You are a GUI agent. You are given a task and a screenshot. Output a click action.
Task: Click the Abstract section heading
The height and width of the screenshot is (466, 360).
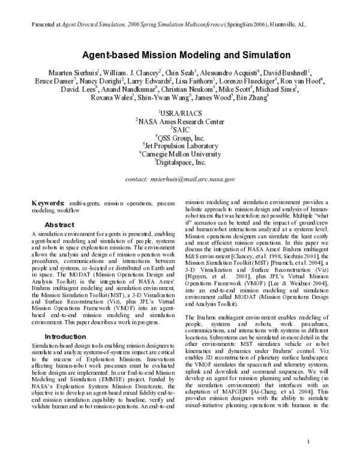coord(59,224)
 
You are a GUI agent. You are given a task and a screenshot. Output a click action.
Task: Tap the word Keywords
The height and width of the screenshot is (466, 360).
coord(47,204)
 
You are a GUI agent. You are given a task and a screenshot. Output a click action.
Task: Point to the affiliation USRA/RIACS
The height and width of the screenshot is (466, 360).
coord(181,112)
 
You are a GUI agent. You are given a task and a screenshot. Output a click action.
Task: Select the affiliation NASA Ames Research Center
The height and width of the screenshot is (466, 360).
coord(181,120)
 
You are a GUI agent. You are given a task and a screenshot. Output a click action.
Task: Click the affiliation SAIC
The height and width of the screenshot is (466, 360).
coord(181,129)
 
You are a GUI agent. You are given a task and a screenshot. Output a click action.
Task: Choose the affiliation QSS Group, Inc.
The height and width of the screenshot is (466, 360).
coord(181,137)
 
